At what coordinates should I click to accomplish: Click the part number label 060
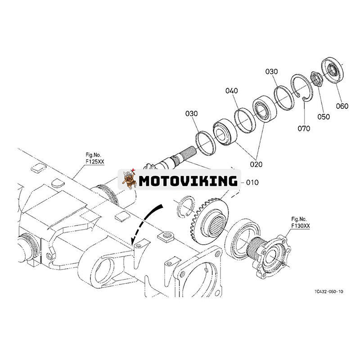click(342, 106)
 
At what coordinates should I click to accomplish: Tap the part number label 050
click(323, 117)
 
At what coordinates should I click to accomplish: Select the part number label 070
click(304, 128)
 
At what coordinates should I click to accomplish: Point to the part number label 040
click(232, 91)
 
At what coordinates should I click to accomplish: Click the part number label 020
click(256, 164)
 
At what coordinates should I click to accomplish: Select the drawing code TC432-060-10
click(329, 292)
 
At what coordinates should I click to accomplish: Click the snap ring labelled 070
click(300, 87)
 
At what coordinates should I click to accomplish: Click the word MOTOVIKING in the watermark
click(188, 181)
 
